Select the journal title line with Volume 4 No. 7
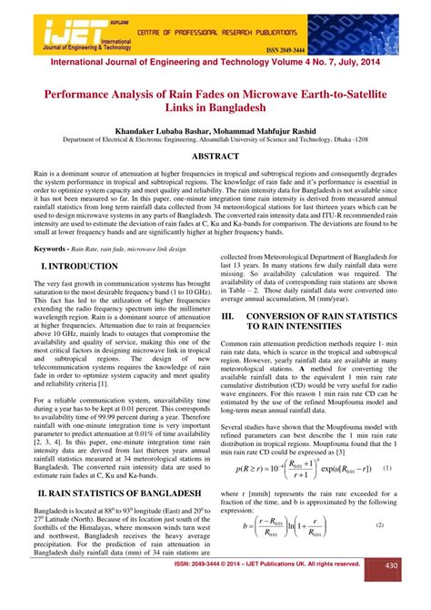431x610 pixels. point(215,66)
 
